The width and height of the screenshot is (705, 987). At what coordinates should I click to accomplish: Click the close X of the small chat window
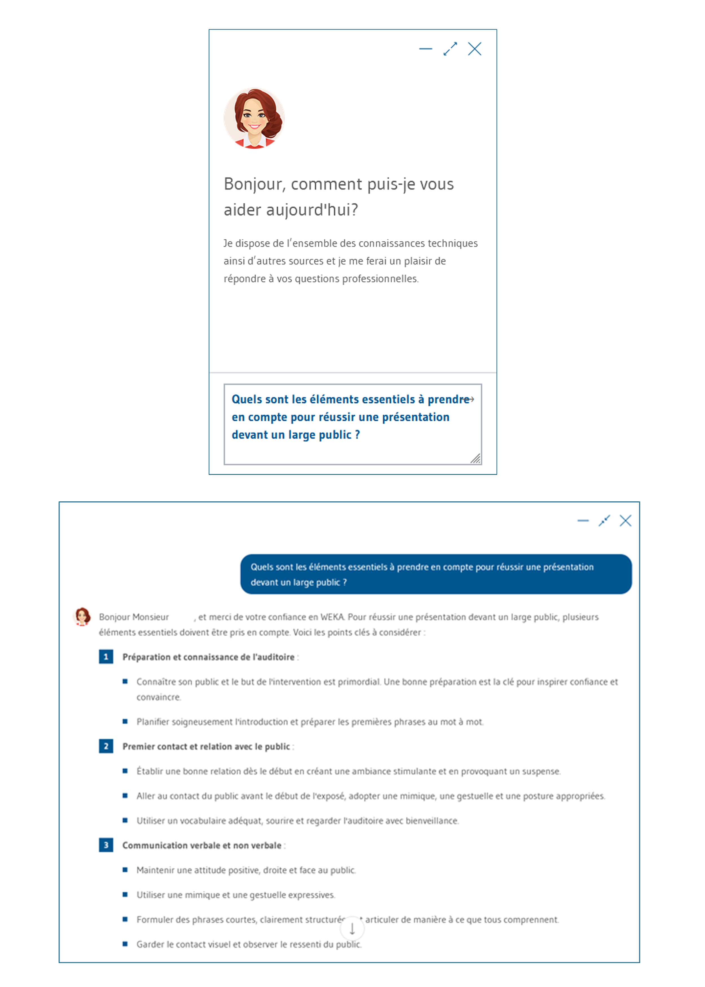click(475, 49)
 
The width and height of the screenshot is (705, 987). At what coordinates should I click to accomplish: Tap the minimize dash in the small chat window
click(426, 49)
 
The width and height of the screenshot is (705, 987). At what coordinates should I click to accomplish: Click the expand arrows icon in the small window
click(450, 49)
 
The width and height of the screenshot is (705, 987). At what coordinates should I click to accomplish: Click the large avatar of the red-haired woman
click(254, 118)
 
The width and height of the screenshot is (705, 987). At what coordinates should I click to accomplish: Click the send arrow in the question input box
click(470, 399)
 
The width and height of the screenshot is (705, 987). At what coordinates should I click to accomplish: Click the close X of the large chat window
click(625, 521)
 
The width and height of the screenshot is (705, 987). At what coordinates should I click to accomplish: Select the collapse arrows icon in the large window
click(604, 521)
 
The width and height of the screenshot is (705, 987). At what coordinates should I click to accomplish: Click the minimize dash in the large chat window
click(583, 521)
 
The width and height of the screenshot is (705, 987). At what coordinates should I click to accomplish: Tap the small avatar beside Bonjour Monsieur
click(82, 616)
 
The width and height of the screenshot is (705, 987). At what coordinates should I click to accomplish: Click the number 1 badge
click(106, 657)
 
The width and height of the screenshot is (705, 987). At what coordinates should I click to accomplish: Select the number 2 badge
click(106, 746)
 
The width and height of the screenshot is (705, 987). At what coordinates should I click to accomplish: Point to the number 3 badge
click(106, 845)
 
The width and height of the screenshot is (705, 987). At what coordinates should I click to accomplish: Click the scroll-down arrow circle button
click(352, 928)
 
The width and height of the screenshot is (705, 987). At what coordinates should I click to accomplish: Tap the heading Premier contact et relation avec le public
click(206, 746)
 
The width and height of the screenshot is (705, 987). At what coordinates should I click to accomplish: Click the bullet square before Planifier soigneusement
click(125, 721)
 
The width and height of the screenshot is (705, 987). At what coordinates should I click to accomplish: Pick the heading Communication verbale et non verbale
click(202, 845)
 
